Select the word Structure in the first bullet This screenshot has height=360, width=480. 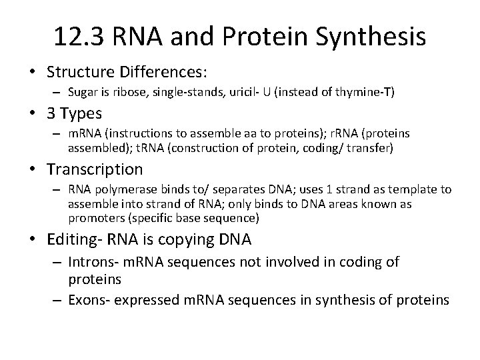pos(80,69)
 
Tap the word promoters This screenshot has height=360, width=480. pos(93,217)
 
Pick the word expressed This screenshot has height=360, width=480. pos(149,300)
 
